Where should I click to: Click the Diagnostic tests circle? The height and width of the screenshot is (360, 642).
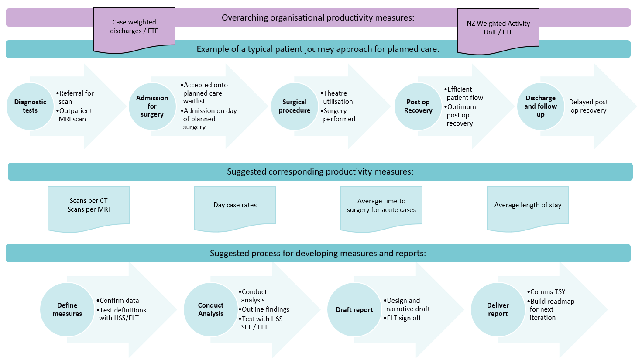30,106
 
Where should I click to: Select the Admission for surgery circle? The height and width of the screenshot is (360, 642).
152,106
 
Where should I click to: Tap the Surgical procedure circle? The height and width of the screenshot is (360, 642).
295,106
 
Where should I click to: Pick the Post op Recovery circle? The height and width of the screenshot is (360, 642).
418,106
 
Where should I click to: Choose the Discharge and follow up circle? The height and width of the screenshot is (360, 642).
540,106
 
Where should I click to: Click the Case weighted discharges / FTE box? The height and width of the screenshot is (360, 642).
134,27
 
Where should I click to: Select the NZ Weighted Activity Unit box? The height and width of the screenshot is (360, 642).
498,28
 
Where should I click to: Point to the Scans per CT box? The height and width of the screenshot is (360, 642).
89,205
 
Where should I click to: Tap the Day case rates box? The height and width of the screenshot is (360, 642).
235,205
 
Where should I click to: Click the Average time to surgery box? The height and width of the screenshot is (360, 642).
381,206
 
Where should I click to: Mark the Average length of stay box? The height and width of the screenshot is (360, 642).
528,205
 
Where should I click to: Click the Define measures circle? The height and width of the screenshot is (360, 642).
67,309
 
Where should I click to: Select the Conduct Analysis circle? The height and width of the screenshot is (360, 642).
211,309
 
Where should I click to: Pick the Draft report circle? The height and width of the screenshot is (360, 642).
354,309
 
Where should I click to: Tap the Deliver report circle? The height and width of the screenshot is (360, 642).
498,309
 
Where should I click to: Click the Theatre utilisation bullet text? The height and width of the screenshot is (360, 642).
337,97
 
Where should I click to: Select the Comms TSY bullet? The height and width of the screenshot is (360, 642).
548,292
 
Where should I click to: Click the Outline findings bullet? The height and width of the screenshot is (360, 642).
265,309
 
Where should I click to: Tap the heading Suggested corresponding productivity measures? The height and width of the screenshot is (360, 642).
320,172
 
